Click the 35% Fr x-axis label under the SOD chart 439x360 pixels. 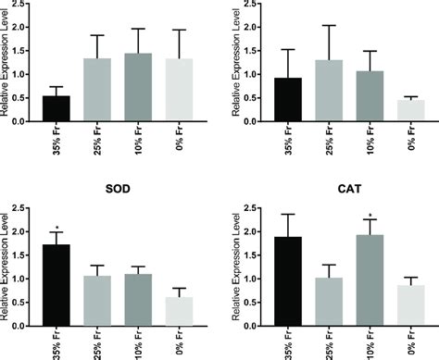pyautogui.click(x=57, y=342)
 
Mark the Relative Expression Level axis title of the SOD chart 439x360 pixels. pyautogui.click(x=7, y=268)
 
